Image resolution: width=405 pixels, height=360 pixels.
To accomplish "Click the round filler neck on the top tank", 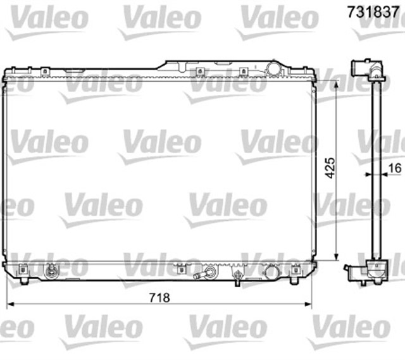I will click(273, 68).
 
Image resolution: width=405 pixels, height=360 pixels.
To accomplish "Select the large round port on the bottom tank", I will click(271, 273).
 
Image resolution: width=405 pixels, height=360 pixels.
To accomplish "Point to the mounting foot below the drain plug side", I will click(24, 279).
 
